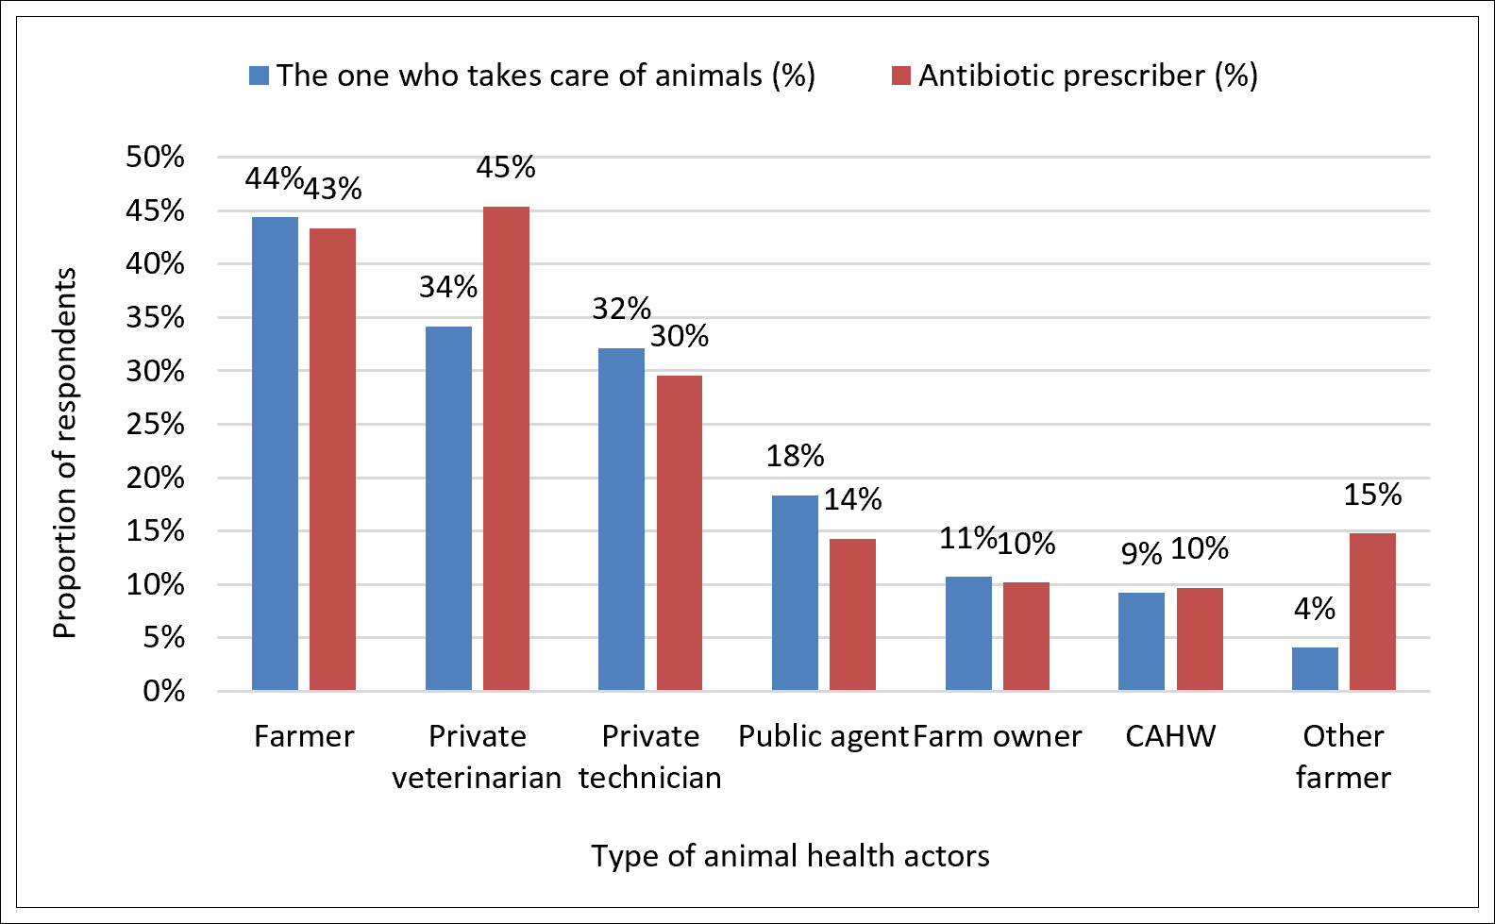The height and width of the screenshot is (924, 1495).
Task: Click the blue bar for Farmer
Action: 275,453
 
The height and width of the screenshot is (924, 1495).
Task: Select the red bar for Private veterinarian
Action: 507,448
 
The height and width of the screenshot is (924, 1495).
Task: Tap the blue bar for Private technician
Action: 621,519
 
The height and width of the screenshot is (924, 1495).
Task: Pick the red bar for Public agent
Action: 852,614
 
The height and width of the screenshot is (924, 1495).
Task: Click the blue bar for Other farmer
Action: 1315,668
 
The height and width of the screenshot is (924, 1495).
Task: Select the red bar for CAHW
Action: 1200,639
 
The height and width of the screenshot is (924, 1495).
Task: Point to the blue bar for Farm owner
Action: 968,633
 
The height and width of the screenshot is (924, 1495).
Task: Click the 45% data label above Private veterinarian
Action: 505,167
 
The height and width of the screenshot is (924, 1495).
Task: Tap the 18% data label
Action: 795,456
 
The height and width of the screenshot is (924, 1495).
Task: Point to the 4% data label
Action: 1315,608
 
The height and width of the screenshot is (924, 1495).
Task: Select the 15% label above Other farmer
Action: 1372,495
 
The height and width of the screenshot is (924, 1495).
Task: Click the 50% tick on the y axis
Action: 155,158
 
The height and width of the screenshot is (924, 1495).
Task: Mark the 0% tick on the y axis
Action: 163,691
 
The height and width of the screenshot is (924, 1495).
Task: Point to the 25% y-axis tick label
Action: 155,424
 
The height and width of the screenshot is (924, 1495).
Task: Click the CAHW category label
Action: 1170,736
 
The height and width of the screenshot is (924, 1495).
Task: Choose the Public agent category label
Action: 823,737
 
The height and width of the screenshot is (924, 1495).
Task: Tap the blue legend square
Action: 259,76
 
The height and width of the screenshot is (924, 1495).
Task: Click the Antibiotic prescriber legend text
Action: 1088,76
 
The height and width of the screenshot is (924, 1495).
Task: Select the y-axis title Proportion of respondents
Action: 65,453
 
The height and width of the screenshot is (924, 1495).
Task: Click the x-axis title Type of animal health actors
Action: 790,857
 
